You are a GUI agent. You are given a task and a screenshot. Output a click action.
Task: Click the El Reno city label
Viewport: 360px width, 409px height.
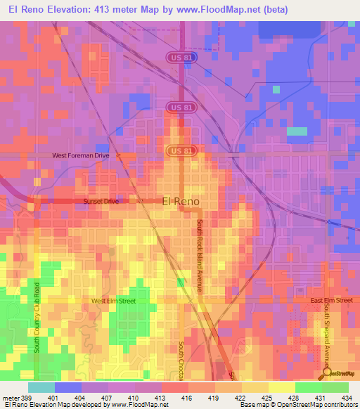(181, 201)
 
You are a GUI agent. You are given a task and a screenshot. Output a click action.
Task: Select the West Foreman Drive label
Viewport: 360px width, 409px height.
(81, 156)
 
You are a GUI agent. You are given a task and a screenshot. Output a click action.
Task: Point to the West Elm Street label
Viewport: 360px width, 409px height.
(114, 301)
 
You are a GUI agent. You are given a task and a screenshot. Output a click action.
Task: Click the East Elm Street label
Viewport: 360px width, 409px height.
(331, 301)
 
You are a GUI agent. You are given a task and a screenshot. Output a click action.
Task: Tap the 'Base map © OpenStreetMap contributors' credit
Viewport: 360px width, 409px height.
(298, 404)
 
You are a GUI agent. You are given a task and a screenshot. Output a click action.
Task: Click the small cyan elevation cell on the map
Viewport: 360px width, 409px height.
(297, 131)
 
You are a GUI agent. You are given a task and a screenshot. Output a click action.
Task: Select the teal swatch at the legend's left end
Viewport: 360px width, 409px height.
(41, 387)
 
